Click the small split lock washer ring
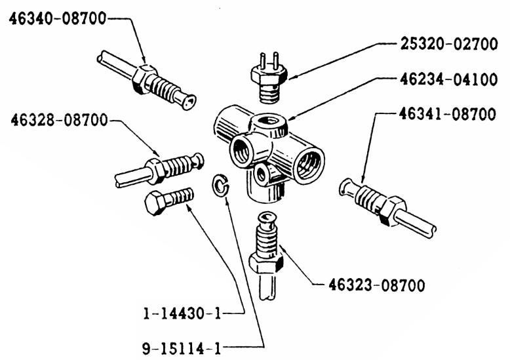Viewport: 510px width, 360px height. click(221, 184)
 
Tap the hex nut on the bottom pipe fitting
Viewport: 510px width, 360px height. click(265, 264)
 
